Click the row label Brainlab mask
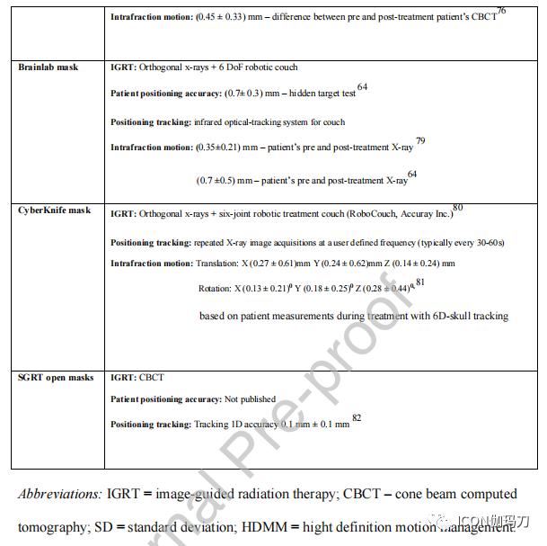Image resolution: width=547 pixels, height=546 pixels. [48, 67]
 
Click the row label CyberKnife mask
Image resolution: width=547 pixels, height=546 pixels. [54, 210]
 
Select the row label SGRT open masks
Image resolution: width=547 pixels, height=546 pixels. [56, 377]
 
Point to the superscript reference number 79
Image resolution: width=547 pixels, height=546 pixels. [420, 141]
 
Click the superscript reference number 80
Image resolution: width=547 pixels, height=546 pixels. [457, 208]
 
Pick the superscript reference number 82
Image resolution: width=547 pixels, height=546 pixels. [357, 418]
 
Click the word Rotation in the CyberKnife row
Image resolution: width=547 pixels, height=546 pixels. [215, 289]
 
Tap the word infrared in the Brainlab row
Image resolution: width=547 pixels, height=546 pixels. [213, 122]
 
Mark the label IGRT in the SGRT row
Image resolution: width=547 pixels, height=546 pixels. [122, 378]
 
